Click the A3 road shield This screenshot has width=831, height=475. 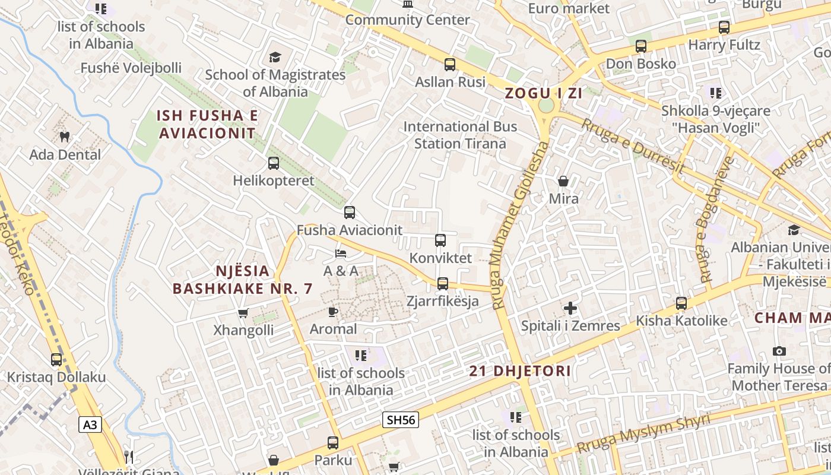(x=90, y=425)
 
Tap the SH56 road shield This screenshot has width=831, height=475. (x=401, y=420)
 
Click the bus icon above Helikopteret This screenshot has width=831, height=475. (x=273, y=163)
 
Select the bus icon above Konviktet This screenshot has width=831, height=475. (x=440, y=240)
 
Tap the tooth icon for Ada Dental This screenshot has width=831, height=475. (x=65, y=137)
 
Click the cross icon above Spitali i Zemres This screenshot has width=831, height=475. (x=570, y=308)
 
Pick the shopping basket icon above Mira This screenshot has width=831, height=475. (x=563, y=181)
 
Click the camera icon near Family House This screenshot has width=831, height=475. (x=779, y=351)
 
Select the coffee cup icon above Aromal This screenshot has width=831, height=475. (x=333, y=312)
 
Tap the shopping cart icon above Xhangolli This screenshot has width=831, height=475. (x=243, y=313)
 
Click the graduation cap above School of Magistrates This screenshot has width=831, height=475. (x=274, y=57)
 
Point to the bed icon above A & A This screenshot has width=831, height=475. (x=341, y=254)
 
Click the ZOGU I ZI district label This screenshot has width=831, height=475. (x=543, y=93)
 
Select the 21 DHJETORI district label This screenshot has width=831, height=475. (x=520, y=372)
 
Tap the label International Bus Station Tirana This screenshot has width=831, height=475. (x=460, y=135)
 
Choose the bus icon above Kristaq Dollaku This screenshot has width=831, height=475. (x=56, y=359)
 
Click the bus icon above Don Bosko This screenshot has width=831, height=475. (x=640, y=46)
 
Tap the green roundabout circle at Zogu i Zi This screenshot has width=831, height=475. (x=545, y=106)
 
